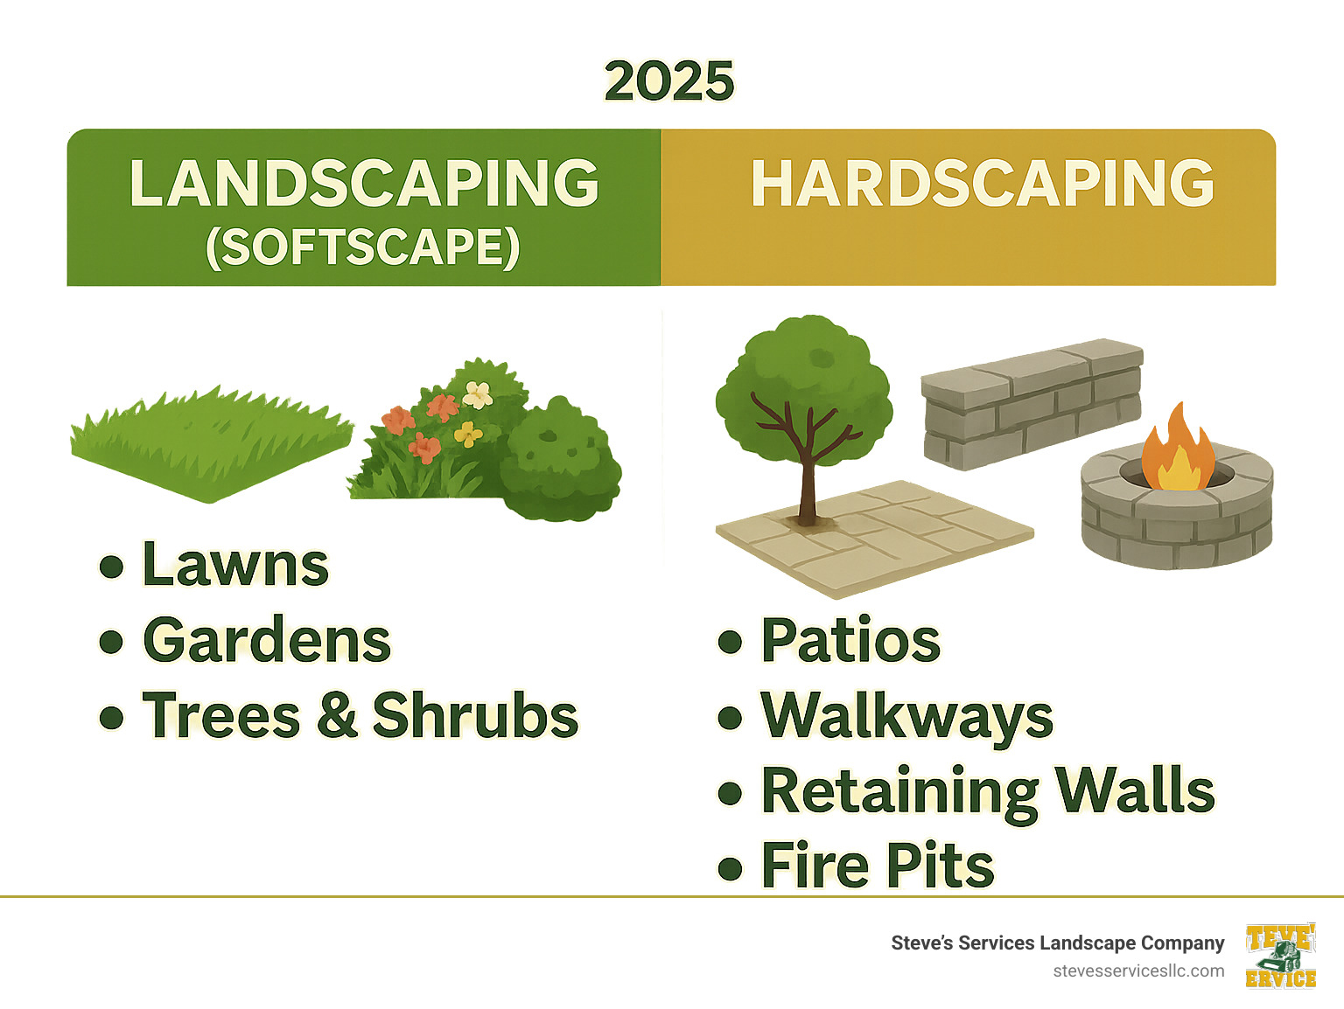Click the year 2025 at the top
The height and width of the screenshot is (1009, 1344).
click(669, 81)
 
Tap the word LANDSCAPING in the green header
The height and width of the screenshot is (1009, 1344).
click(364, 184)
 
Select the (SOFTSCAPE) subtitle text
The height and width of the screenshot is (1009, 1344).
click(363, 247)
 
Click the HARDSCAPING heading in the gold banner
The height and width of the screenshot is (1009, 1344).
click(983, 184)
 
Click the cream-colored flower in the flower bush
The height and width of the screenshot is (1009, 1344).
click(478, 394)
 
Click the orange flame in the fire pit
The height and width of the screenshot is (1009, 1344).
click(1178, 450)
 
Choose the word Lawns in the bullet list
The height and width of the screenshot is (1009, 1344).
click(235, 565)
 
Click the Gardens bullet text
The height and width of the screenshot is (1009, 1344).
click(267, 641)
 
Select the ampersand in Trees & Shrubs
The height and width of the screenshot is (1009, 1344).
click(337, 715)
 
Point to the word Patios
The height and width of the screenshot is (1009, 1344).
click(850, 641)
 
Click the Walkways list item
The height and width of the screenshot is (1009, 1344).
click(907, 717)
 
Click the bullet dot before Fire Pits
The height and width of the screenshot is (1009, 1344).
click(730, 868)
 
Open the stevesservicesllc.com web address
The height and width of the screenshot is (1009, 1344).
click(1138, 971)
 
